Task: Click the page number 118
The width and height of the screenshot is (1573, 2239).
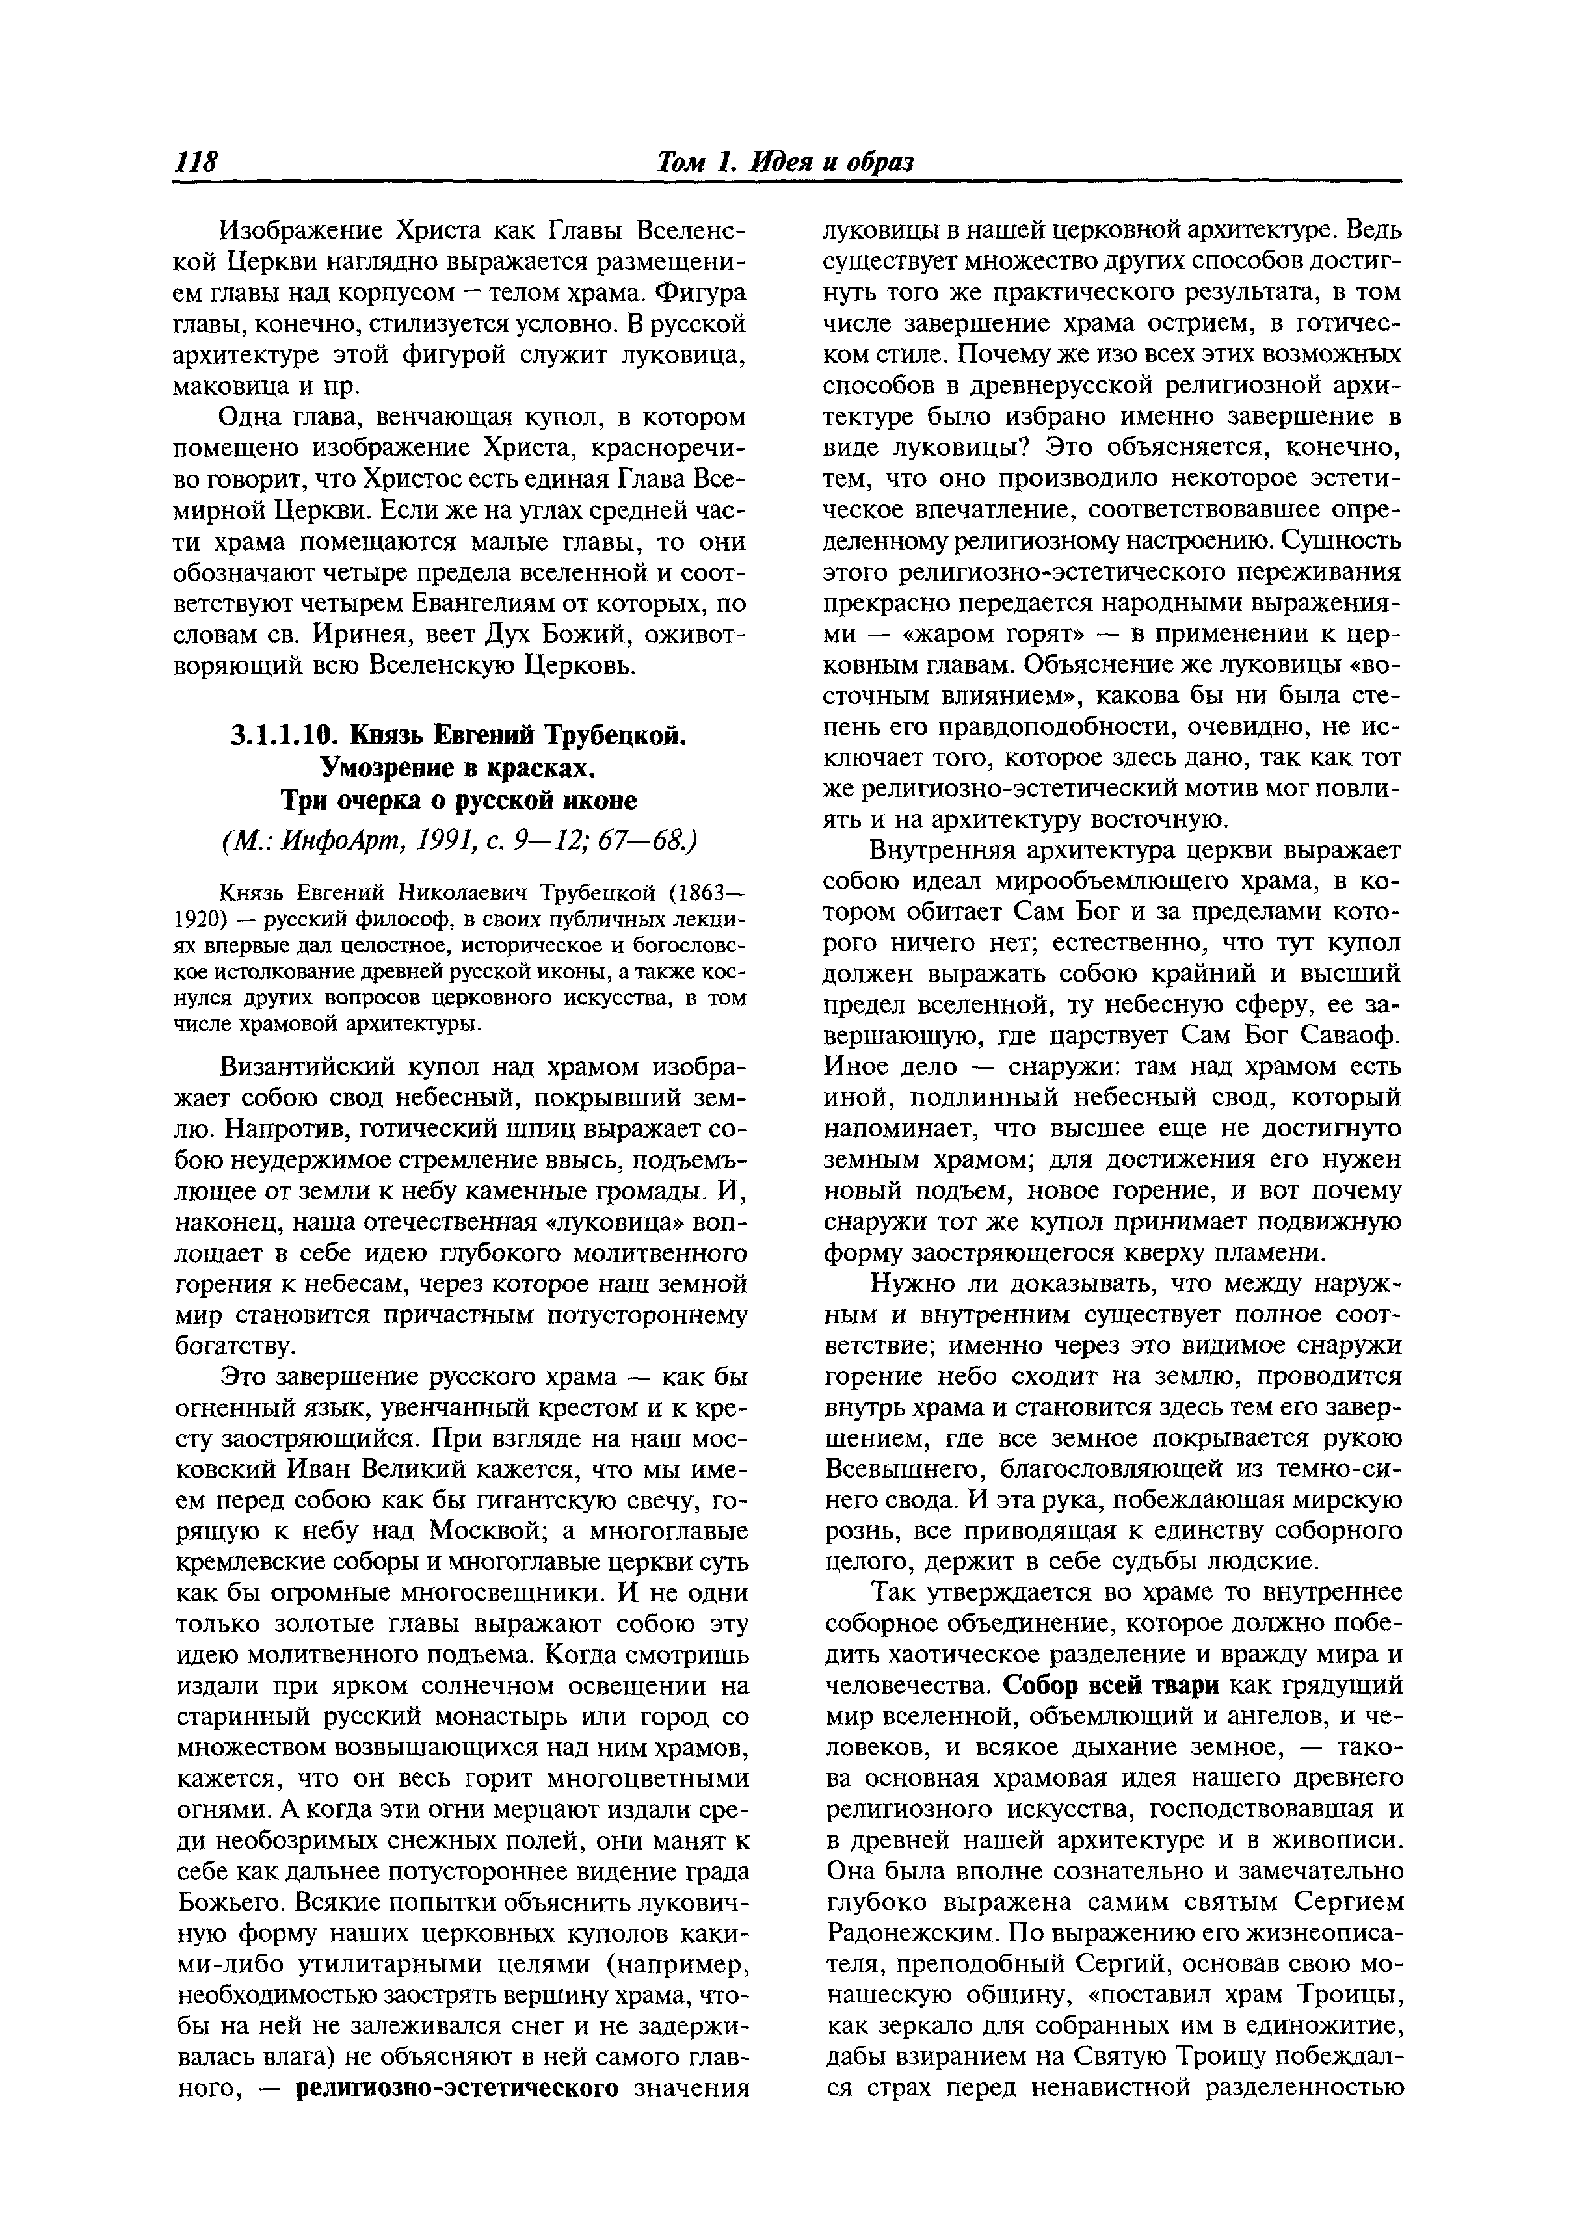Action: pos(196,161)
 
